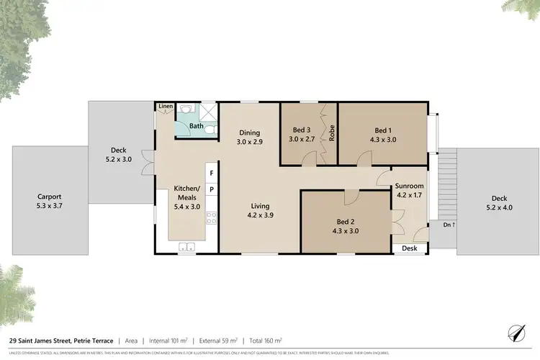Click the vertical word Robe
pos(332,133)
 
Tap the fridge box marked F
pos(212,174)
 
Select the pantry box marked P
pos(212,190)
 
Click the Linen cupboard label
pos(166,107)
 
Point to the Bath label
pos(197,126)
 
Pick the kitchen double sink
pos(186,248)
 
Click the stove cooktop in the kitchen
pos(212,218)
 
